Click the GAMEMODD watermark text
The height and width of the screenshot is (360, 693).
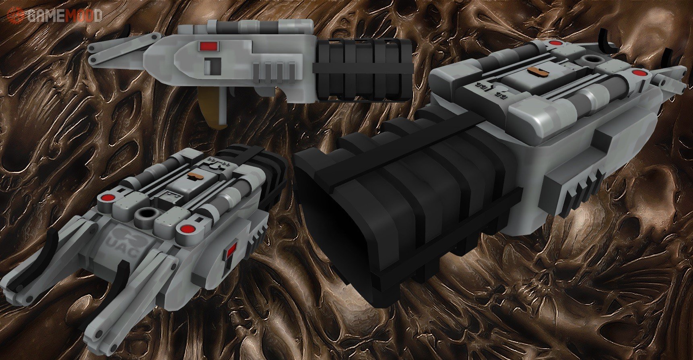65,15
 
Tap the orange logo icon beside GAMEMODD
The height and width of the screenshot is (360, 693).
16,15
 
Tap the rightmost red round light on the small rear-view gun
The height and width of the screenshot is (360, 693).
185,229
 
